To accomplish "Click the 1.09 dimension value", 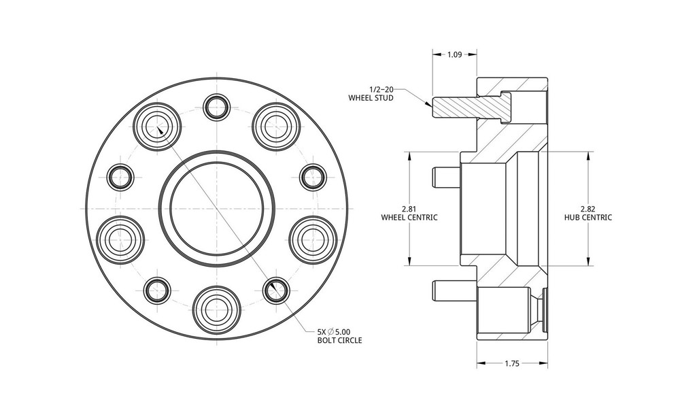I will (454, 54).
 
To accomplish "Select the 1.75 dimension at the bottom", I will (512, 364).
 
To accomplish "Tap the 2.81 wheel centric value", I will (409, 208).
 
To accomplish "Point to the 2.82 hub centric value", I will (588, 208).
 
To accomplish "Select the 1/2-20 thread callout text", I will (381, 89).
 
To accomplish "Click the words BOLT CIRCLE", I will (339, 340).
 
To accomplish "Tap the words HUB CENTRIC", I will (588, 218).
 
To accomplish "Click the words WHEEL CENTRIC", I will (409, 218).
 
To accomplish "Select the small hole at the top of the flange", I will (217, 107).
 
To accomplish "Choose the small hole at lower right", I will (275, 290).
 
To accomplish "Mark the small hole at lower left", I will (158, 290).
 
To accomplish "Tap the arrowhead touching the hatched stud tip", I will (428, 104).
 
